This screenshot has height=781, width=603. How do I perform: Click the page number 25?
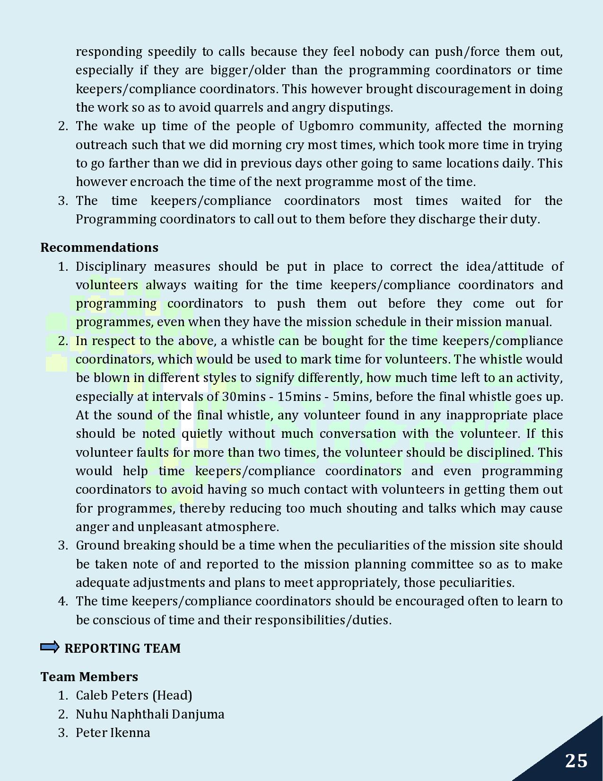(576, 761)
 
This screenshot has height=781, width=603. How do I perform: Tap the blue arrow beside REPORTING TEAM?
(50, 647)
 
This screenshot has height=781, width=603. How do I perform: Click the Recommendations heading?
(99, 248)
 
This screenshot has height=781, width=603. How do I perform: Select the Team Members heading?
(89, 676)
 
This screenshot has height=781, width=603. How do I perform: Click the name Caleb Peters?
(112, 695)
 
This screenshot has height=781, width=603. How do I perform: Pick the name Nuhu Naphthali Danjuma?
(150, 714)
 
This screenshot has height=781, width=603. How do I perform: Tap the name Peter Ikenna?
(113, 733)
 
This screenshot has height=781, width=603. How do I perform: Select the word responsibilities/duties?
(323, 620)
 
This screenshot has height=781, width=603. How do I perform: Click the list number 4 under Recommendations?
(63, 601)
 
